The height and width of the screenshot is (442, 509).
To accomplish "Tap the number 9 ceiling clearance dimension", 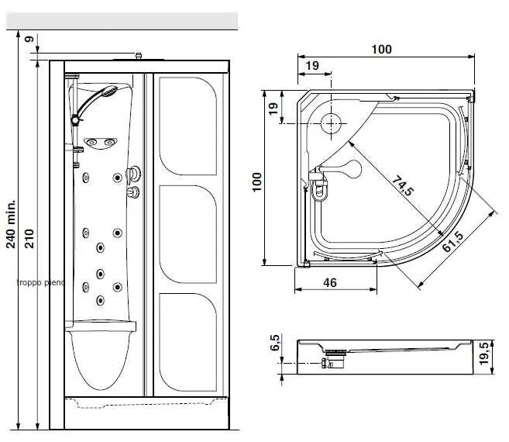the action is pyautogui.click(x=29, y=39).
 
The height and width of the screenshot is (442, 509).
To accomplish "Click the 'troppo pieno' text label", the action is pyautogui.click(x=40, y=283).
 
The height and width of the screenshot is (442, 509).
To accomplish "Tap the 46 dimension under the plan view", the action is pyautogui.click(x=329, y=283).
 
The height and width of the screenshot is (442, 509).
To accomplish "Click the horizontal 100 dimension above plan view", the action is pyautogui.click(x=381, y=50).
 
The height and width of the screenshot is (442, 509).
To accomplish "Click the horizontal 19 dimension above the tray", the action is pyautogui.click(x=312, y=66).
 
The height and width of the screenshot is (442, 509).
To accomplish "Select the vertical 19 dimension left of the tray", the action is pyautogui.click(x=273, y=108).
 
